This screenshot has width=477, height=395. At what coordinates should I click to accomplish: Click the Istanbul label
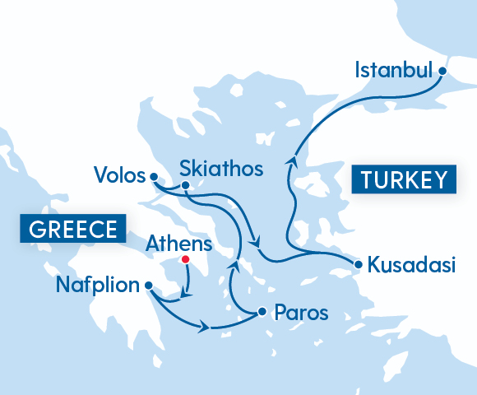(393, 71)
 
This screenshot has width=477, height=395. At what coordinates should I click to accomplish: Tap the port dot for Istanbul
(442, 71)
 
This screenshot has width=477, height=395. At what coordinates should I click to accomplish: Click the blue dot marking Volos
(153, 176)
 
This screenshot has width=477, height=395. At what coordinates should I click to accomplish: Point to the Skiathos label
(221, 170)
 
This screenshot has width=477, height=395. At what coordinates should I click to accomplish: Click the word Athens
(178, 244)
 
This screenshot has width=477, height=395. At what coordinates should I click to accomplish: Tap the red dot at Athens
(185, 259)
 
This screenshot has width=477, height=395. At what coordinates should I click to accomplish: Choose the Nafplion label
(97, 286)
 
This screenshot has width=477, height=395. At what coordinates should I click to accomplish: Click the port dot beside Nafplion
(148, 286)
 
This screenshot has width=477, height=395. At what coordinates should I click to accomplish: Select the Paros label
(301, 314)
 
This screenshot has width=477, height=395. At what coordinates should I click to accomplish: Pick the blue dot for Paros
(262, 312)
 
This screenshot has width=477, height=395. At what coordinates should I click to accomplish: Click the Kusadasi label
(410, 266)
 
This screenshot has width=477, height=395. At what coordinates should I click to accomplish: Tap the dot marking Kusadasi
(359, 264)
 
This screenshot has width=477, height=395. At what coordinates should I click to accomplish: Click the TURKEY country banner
(403, 179)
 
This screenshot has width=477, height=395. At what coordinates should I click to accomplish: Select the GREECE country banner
(72, 230)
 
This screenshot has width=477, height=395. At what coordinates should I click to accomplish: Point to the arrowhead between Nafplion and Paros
(204, 328)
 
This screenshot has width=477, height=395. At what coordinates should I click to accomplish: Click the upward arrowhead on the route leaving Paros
(234, 267)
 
